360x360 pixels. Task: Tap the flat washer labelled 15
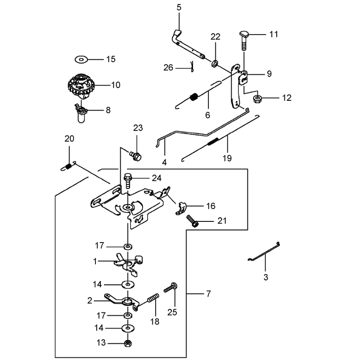click(x=81, y=60)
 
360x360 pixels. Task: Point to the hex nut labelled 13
click(x=128, y=343)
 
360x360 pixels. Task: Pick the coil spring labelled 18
click(x=153, y=299)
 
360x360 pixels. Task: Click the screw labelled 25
click(x=171, y=288)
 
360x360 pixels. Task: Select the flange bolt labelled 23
click(x=135, y=155)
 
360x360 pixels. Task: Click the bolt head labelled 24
click(x=128, y=177)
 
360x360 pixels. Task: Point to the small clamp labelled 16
click(x=181, y=208)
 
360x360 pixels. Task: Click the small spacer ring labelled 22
click(x=215, y=63)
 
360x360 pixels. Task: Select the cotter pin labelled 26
click(x=192, y=67)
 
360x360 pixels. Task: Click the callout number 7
click(x=208, y=294)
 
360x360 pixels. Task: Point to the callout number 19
click(x=227, y=158)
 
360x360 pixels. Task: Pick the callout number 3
click(x=265, y=277)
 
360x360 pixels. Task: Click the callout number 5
click(x=179, y=7)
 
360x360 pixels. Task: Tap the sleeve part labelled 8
click(x=81, y=113)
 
